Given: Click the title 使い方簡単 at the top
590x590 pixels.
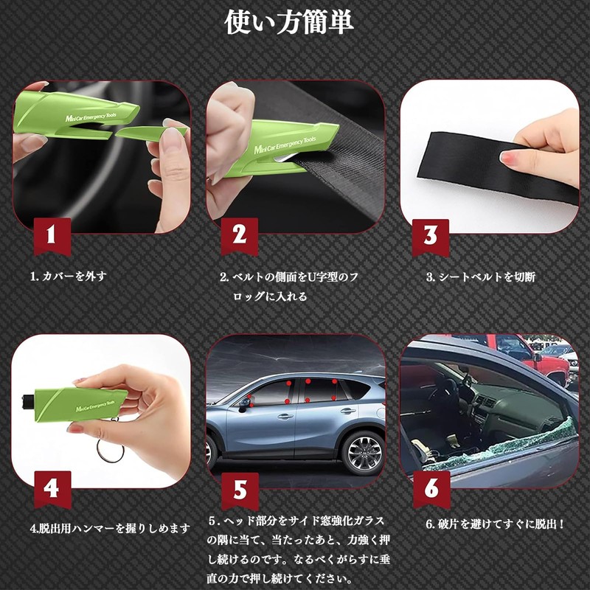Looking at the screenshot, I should click(289, 22).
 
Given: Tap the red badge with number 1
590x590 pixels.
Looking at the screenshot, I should click(52, 235).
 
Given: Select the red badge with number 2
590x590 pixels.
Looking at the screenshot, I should click(239, 235).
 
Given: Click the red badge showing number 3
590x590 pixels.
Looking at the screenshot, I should click(431, 235).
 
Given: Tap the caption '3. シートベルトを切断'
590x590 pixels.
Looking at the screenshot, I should click(480, 277).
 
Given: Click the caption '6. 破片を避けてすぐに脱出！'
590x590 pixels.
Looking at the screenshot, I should click(496, 524).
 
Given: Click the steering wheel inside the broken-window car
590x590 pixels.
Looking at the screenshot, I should click(447, 391).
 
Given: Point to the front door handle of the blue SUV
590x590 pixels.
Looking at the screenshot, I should click(283, 417).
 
